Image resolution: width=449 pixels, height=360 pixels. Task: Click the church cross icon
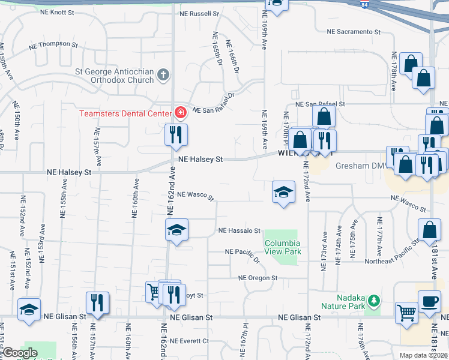[x=163, y=76]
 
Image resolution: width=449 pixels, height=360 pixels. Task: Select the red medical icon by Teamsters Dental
[x=179, y=112]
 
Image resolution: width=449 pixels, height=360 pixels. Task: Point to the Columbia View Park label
[x=282, y=248]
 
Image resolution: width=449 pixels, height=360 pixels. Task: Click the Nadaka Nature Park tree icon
[x=374, y=299]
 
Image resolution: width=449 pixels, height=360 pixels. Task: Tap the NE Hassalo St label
[x=240, y=230]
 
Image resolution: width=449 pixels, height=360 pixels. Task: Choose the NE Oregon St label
[x=258, y=278]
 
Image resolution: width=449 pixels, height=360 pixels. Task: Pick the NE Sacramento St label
[x=354, y=32]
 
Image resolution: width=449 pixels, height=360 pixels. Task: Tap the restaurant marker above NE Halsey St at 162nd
[x=176, y=135]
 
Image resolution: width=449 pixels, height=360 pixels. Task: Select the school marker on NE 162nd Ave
[x=176, y=230]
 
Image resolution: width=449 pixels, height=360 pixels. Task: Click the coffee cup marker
[x=429, y=301]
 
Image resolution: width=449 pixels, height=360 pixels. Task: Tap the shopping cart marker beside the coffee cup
[x=406, y=313]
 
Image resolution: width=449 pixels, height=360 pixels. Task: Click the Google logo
[x=20, y=353]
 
